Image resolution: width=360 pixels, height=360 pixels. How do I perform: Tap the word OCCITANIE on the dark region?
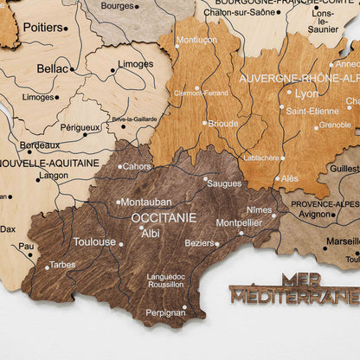point(163,218)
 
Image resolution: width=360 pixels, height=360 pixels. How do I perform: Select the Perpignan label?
point(164,312)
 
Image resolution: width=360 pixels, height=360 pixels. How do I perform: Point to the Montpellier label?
point(239,222)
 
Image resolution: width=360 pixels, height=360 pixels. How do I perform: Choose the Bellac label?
point(53,67)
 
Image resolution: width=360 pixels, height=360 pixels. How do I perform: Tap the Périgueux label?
point(80,127)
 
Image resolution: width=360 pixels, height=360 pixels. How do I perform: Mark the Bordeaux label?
point(40,145)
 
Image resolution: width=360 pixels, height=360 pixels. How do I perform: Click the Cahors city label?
point(137,166)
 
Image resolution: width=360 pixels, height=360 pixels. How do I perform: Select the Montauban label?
point(145,202)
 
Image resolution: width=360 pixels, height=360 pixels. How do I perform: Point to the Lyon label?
point(306,93)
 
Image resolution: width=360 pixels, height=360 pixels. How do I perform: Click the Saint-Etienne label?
point(312,111)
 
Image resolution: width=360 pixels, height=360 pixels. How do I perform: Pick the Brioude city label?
point(223,123)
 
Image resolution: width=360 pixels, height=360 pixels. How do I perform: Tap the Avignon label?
point(315,214)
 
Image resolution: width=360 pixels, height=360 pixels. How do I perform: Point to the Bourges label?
point(117,6)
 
